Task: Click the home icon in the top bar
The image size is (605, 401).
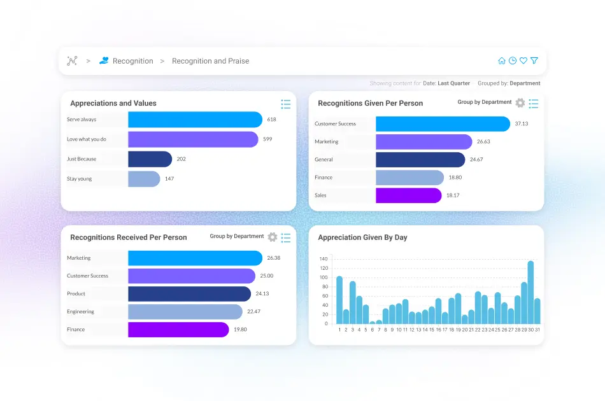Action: (502, 61)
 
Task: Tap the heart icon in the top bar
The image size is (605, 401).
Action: (523, 61)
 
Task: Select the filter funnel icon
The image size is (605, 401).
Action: (534, 61)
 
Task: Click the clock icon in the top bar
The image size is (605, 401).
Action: (513, 61)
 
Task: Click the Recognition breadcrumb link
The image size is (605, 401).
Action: (132, 61)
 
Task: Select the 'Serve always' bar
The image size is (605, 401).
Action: (195, 120)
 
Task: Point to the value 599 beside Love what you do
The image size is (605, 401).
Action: (267, 139)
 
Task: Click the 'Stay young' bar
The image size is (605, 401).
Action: (144, 179)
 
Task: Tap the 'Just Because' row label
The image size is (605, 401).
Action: (82, 159)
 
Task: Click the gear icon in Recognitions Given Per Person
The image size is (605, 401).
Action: (520, 103)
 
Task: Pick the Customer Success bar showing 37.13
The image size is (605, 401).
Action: (443, 124)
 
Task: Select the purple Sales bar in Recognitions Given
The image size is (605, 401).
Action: (408, 195)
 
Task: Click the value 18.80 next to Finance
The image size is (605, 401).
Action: (455, 178)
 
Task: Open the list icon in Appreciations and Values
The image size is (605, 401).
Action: (286, 104)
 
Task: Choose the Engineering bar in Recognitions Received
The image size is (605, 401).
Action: (185, 312)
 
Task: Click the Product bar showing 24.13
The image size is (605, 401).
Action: (189, 294)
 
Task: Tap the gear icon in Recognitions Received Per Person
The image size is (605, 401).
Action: (273, 237)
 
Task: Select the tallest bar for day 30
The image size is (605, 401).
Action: (530, 293)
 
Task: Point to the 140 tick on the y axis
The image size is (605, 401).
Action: (323, 259)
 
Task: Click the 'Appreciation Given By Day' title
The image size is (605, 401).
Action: (362, 237)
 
